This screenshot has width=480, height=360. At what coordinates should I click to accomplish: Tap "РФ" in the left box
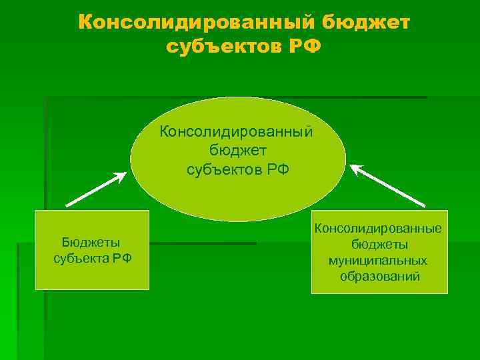121,257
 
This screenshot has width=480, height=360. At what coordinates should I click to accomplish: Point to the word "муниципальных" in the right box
378,260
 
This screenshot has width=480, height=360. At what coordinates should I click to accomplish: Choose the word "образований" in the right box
379,276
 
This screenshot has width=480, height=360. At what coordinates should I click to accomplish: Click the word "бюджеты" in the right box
379,245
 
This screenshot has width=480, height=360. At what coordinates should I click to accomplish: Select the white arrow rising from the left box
93,191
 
